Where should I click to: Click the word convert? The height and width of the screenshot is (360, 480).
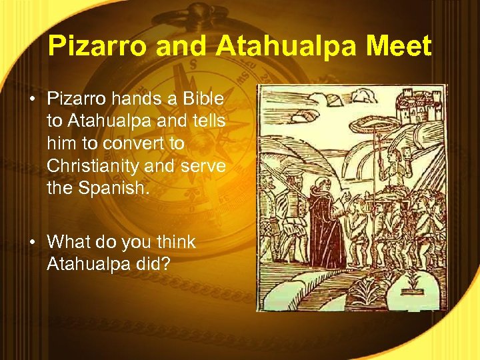click(150, 144)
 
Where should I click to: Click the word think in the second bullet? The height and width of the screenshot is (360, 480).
click(173, 242)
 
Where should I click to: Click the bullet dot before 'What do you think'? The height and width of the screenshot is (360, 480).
click(32, 242)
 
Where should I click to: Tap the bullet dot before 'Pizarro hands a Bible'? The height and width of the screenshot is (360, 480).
click(32, 99)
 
